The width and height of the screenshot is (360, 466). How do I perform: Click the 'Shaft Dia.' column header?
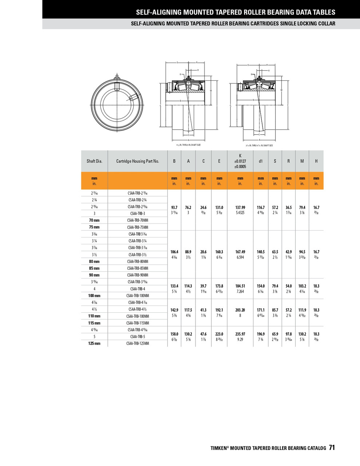[94, 161]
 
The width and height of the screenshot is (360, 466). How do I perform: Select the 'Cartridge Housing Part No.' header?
[138, 161]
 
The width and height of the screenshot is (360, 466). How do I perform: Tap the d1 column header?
[261, 161]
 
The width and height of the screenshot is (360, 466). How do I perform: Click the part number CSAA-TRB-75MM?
[138, 227]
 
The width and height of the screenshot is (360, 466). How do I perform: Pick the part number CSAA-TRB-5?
[138, 337]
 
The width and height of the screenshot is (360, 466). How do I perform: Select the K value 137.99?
[240, 208]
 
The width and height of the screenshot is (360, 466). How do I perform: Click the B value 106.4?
[174, 252]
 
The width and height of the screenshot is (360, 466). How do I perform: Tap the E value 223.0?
[219, 334]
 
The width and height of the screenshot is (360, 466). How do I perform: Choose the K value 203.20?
[240, 310]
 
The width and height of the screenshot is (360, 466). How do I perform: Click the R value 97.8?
[289, 334]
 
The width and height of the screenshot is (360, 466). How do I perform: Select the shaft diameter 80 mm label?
[94, 261]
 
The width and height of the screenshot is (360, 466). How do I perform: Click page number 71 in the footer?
[332, 448]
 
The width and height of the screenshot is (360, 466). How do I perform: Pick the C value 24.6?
[203, 208]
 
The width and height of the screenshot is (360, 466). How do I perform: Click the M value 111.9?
[302, 310]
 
